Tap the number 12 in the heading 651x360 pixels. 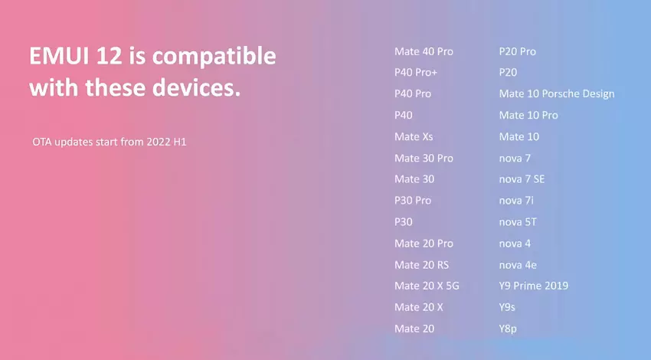(x=110, y=56)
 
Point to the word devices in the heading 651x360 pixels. (x=196, y=87)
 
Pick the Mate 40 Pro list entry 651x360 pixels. (x=424, y=51)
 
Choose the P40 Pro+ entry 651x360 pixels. (x=416, y=72)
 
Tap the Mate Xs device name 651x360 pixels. (x=414, y=136)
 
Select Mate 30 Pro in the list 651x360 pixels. (x=424, y=159)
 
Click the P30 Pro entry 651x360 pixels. (x=413, y=201)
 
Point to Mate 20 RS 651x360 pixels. (x=421, y=265)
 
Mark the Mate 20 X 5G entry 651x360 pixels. (x=427, y=286)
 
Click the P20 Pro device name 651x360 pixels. (x=517, y=51)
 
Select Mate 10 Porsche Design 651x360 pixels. (x=557, y=94)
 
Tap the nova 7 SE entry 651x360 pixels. (x=522, y=179)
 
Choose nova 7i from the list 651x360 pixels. (x=516, y=201)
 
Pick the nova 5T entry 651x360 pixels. (x=518, y=222)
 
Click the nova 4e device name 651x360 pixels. (x=518, y=265)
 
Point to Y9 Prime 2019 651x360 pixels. (x=534, y=286)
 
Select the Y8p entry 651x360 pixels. (x=508, y=329)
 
